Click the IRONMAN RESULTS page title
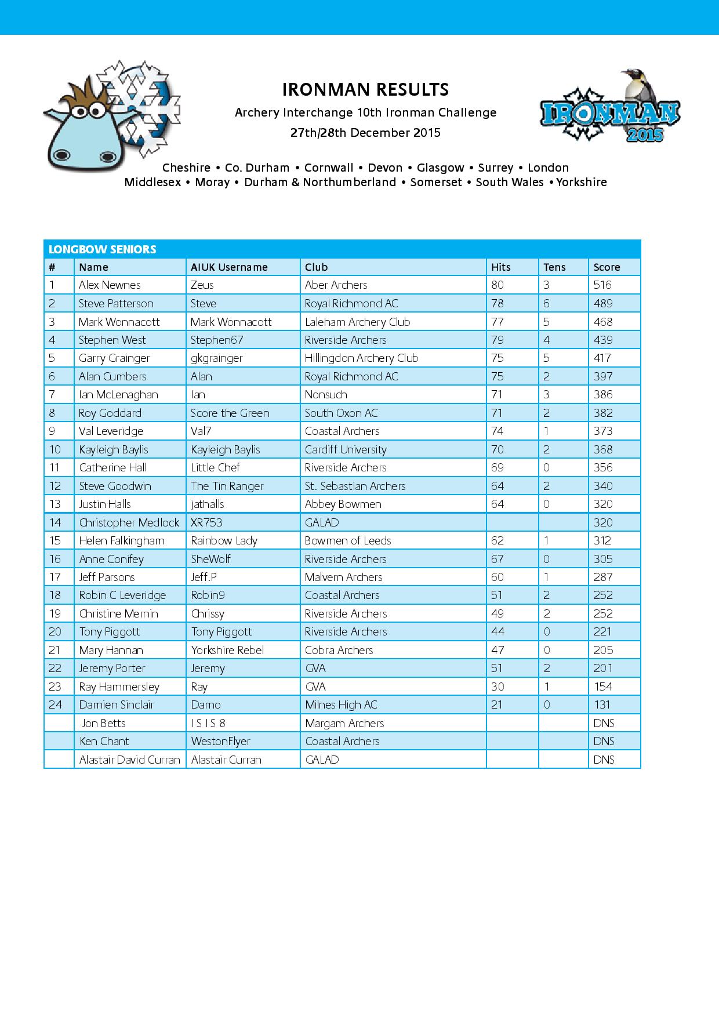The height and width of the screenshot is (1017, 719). click(365, 90)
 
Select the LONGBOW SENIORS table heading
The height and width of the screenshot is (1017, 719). click(103, 249)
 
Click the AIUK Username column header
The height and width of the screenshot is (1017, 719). click(229, 267)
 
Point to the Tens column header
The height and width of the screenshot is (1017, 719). click(554, 267)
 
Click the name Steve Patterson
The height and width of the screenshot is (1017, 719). click(116, 303)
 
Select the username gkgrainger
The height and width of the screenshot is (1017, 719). click(216, 358)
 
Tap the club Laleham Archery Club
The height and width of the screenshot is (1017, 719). click(357, 322)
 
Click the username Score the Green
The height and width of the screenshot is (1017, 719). click(230, 413)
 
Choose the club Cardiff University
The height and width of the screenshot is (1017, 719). click(346, 449)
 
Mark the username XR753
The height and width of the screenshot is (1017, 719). click(206, 522)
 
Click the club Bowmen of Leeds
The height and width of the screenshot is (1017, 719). click(348, 540)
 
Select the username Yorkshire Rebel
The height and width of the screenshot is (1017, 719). click(227, 650)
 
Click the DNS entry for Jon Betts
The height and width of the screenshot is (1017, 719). click(604, 723)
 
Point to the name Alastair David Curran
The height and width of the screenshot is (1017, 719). click(130, 760)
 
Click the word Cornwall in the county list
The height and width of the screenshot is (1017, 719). click(329, 168)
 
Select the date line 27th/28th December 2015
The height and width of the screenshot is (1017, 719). click(365, 133)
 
